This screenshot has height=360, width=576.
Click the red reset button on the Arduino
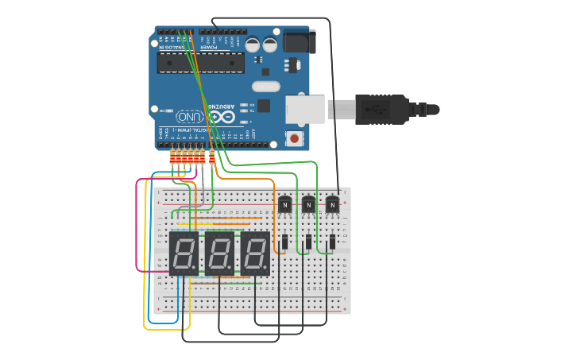pos(295,138)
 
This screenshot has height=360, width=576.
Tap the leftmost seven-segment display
pos(184,254)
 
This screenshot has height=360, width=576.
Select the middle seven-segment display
pos(219,254)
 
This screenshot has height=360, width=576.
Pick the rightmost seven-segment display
pos(255,254)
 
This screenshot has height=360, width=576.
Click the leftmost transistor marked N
pos(284,205)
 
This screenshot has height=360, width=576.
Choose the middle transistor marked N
pos(308,205)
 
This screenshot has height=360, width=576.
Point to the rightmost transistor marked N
pos(332,205)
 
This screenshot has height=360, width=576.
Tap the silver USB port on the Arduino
pos(306,110)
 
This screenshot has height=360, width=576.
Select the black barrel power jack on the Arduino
pos(300,41)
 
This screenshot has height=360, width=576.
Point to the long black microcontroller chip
pos(200,63)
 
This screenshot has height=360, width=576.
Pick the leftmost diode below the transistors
pos(284,241)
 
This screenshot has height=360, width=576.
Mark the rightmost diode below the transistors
pos(332,241)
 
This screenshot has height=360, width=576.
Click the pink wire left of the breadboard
pos(137,230)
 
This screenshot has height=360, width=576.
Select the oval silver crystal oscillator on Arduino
pos(266,86)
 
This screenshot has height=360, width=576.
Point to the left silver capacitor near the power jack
pos(253,45)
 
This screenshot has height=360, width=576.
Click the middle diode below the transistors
pos(308,241)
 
